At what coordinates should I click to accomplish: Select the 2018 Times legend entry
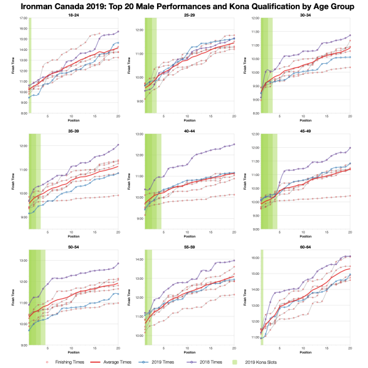[222, 362]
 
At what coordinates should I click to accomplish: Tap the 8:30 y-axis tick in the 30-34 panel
[255, 113]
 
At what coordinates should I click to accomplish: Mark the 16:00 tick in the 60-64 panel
[255, 258]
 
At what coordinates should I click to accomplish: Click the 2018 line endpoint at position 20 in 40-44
[234, 144]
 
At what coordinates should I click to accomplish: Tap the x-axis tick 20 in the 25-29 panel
[234, 117]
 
